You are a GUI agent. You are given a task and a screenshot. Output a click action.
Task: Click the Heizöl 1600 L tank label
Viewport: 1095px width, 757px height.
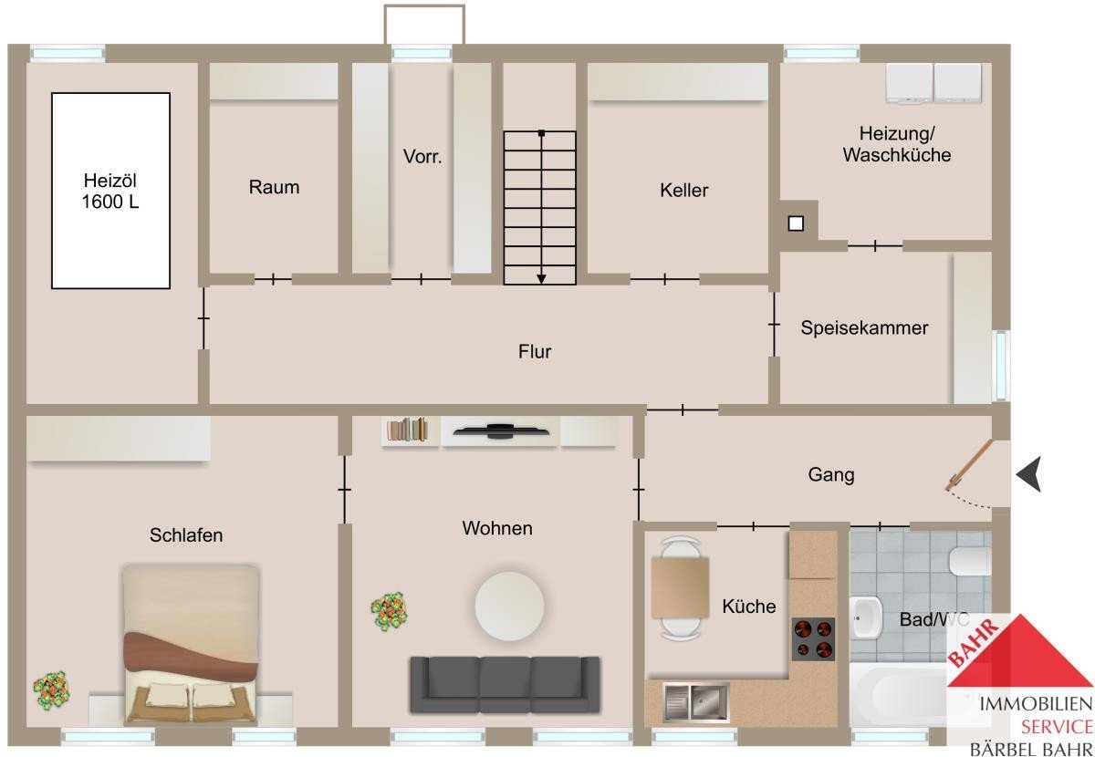pyautogui.click(x=110, y=192)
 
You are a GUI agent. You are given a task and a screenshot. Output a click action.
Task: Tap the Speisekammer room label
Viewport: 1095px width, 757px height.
pyautogui.click(x=864, y=328)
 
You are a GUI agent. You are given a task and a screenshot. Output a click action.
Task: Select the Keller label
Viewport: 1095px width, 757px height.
pyautogui.click(x=683, y=190)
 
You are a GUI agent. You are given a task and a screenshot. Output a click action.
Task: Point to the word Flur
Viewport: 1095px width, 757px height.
pyautogui.click(x=535, y=351)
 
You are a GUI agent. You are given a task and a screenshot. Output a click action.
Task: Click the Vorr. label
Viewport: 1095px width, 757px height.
pyautogui.click(x=422, y=156)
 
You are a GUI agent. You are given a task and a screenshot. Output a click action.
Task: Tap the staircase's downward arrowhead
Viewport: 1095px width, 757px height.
pyautogui.click(x=541, y=278)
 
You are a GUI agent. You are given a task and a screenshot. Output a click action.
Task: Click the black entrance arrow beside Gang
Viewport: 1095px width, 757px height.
pyautogui.click(x=1029, y=474)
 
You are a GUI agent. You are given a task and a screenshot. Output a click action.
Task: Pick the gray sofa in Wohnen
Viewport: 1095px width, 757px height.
pyautogui.click(x=505, y=684)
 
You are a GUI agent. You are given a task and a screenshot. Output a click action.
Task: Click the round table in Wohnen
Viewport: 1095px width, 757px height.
pyautogui.click(x=509, y=606)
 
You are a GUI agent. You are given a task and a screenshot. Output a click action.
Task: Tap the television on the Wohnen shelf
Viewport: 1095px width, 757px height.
pyautogui.click(x=501, y=430)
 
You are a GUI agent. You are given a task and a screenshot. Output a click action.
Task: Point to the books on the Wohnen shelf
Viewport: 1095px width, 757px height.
pyautogui.click(x=407, y=430)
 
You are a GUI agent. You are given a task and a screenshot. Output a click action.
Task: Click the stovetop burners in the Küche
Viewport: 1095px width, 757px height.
pyautogui.click(x=813, y=639)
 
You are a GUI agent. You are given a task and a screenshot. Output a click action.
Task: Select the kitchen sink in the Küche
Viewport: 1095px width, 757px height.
pyautogui.click(x=696, y=703)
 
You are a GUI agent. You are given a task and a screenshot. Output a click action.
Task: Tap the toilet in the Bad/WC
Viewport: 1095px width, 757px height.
pyautogui.click(x=970, y=562)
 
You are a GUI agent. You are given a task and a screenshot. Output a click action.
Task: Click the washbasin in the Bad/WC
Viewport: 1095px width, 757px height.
pyautogui.click(x=866, y=617)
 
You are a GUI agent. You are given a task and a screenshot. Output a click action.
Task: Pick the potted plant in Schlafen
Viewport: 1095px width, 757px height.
pyautogui.click(x=51, y=690)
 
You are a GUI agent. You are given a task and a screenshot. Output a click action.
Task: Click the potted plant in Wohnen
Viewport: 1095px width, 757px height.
pyautogui.click(x=389, y=611)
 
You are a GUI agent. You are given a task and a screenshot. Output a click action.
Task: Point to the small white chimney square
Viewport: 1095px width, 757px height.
pyautogui.click(x=796, y=223)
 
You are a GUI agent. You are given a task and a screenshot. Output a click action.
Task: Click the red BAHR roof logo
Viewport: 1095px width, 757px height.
pyautogui.click(x=1019, y=651)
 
